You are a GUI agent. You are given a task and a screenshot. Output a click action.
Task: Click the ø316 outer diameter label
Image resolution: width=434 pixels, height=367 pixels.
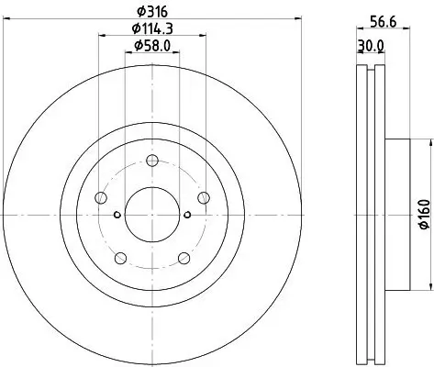tap(150, 11)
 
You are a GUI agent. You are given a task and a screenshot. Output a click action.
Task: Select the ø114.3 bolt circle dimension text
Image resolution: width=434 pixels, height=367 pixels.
tap(150, 29)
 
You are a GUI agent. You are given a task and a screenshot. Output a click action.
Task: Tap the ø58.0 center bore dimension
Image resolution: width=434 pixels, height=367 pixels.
tap(150, 47)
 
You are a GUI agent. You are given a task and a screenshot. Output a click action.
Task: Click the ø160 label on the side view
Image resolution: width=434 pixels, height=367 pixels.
tap(423, 214)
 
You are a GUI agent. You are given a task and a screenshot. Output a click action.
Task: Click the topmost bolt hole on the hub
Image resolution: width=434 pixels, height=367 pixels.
tap(150, 160)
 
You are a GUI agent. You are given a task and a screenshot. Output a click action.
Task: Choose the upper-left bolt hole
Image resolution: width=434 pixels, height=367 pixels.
tap(98, 195)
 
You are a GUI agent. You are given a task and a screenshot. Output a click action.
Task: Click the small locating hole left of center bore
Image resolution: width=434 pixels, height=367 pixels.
tap(116, 216)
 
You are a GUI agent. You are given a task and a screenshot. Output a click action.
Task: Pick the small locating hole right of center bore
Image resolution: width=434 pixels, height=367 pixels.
tap(186, 216)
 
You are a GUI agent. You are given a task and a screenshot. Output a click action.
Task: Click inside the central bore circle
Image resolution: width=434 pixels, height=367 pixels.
tap(150, 215)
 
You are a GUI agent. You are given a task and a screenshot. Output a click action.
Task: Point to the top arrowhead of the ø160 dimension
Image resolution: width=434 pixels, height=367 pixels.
tap(429, 140)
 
